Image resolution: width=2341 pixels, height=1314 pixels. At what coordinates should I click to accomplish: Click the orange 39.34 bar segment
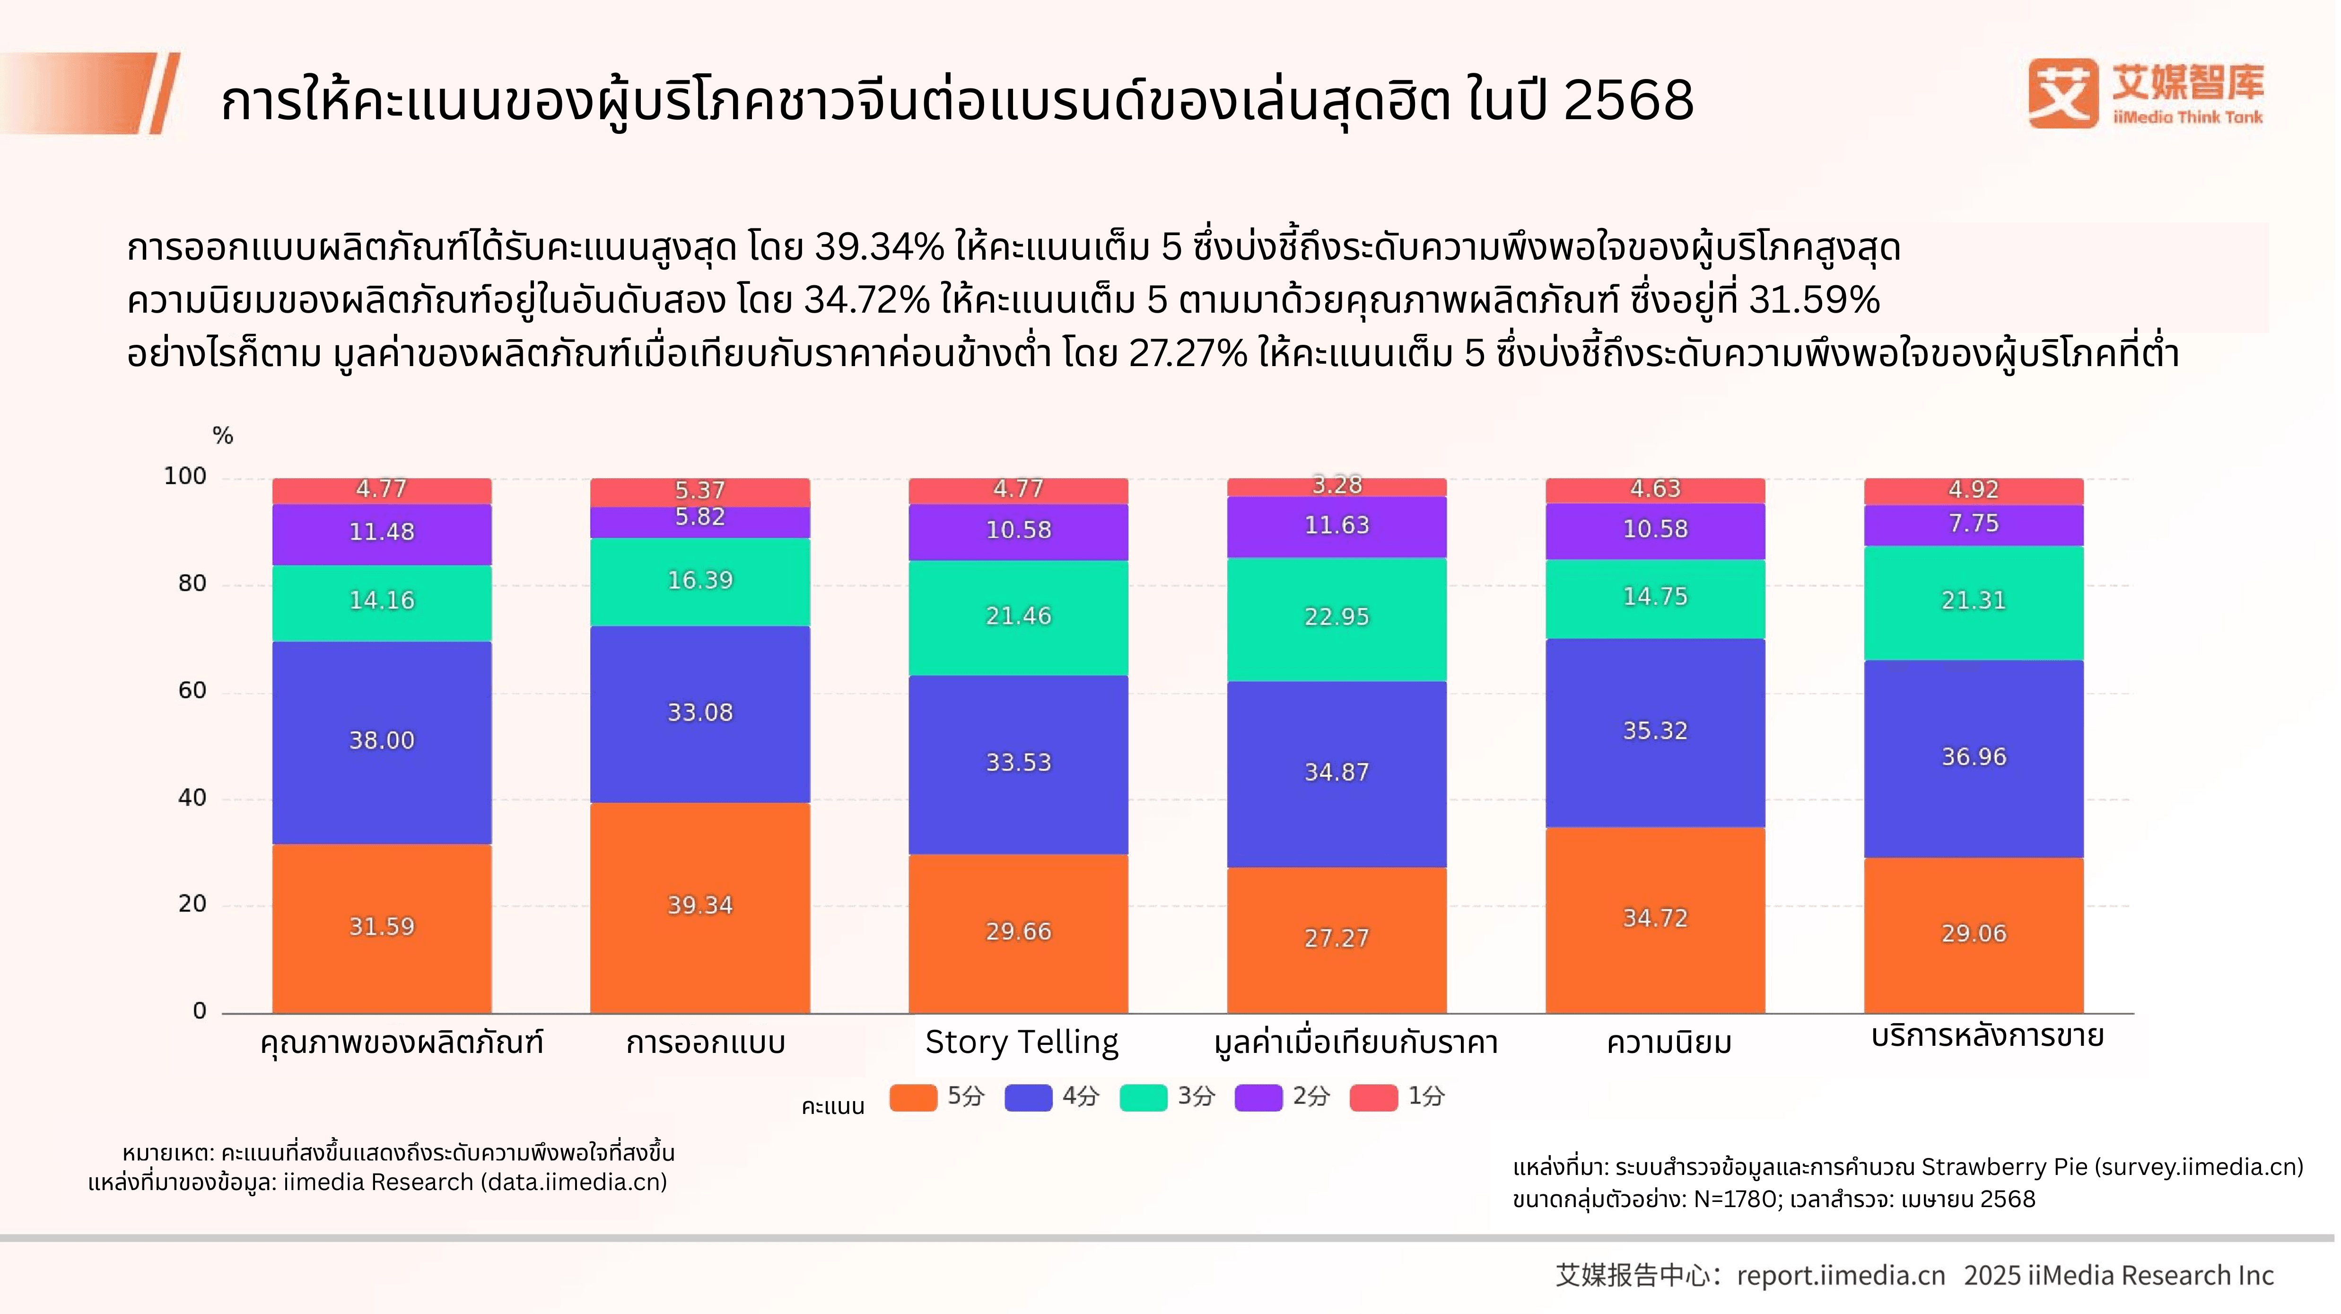(700, 906)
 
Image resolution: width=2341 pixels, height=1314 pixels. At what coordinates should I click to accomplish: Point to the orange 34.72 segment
(1655, 919)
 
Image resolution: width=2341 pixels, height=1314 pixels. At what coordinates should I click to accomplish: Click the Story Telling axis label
(1022, 1042)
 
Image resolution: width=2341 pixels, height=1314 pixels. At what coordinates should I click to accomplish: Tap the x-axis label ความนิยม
(1668, 1042)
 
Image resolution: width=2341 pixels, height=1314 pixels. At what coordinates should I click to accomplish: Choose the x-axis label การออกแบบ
(705, 1042)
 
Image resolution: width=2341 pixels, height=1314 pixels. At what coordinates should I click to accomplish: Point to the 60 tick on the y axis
(192, 691)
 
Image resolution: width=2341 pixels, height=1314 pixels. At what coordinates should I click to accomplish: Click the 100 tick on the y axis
(185, 476)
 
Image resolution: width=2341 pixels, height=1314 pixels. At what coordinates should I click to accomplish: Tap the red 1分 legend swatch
(1373, 1097)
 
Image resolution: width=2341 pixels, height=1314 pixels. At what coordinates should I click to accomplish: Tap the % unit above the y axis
(223, 436)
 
